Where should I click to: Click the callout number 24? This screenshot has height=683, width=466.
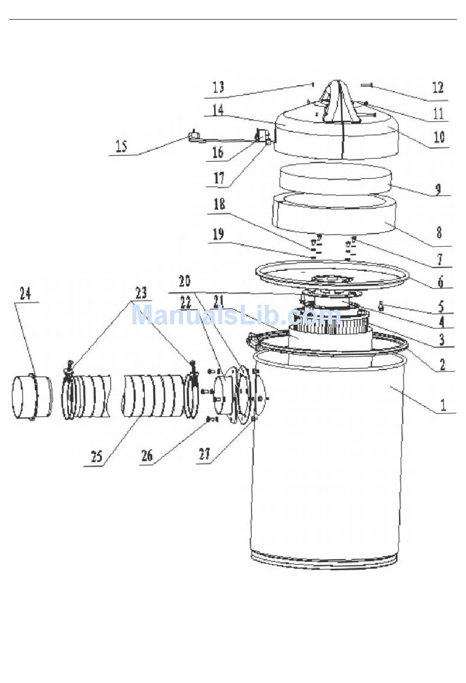click(26, 294)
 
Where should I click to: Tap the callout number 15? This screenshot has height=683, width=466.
click(122, 146)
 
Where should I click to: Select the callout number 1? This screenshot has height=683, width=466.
click(443, 405)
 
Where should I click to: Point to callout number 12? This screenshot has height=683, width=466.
click(438, 87)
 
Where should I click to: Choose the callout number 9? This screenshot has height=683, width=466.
click(438, 190)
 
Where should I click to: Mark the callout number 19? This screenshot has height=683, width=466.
click(218, 235)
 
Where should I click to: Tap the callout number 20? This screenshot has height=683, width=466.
click(184, 281)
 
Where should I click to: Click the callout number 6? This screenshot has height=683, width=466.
click(440, 282)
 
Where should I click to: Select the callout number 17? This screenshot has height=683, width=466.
click(219, 178)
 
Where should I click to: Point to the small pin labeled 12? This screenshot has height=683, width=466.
click(366, 86)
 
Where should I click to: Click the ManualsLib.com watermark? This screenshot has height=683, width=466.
click(236, 315)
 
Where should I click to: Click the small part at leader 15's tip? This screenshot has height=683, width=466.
click(193, 136)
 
